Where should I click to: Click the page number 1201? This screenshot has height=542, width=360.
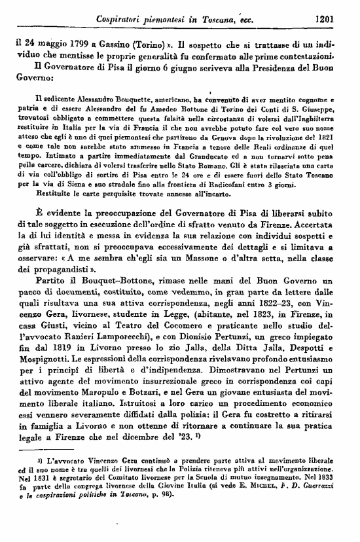point(324,20)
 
